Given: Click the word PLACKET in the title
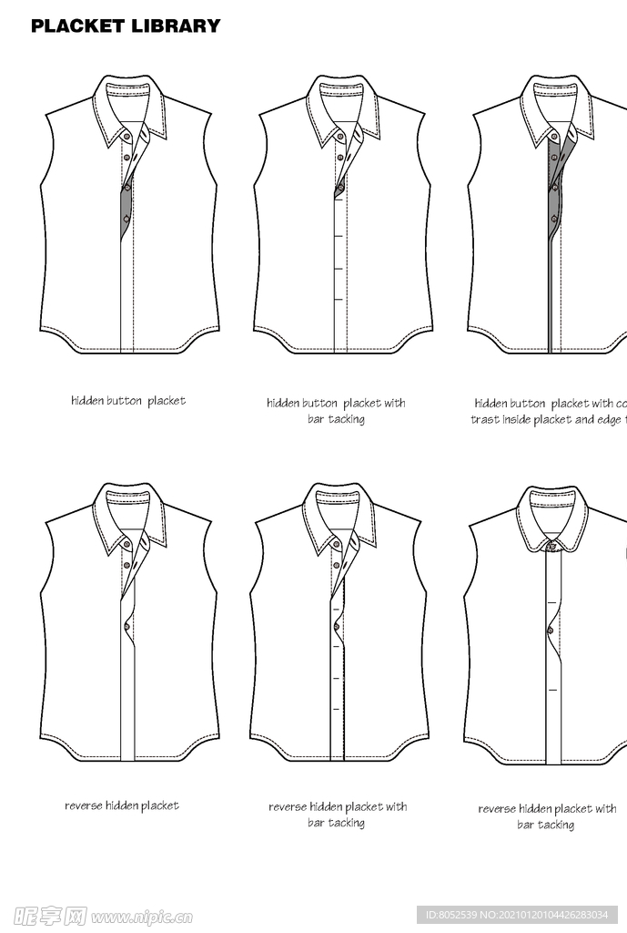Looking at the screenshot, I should coord(77,26).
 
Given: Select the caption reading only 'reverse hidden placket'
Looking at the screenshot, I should coord(122,805).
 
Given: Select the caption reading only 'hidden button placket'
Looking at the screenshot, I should coord(128,401).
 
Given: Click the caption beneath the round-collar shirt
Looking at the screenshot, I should coord(547,816).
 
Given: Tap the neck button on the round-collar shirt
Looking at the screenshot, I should coord(551,546).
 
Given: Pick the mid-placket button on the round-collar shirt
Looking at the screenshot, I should coord(551,630).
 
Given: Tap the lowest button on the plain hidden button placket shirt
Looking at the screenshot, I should coord(126,220).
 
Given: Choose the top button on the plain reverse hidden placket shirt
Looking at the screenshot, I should coord(126,545).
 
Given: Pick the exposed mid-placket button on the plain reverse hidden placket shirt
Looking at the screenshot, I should coord(126,625).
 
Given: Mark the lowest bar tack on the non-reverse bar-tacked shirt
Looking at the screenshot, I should coord(339,299).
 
